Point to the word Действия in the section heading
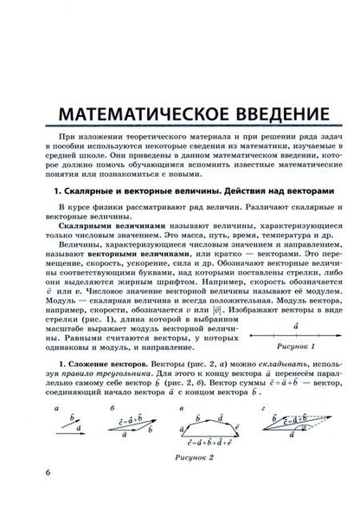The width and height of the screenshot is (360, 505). pyautogui.click(x=235, y=189)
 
